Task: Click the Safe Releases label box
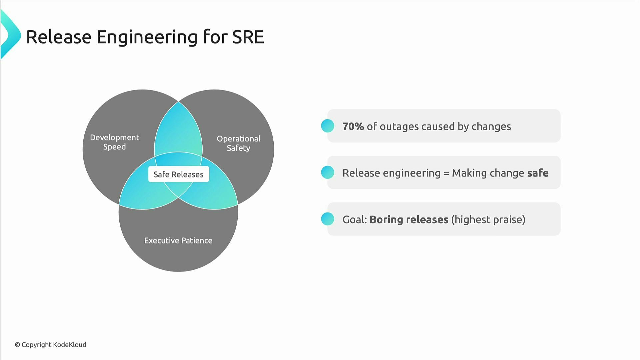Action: [178, 174]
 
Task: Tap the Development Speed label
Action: [114, 142]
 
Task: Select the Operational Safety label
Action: [238, 143]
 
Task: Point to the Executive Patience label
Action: [178, 240]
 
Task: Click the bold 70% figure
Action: [353, 126]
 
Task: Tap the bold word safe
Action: [538, 173]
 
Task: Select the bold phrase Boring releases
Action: [409, 220]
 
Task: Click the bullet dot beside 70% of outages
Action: [327, 126]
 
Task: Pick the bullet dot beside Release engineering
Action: [327, 173]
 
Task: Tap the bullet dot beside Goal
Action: [327, 219]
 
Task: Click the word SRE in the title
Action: [248, 37]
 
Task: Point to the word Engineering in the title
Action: [147, 37]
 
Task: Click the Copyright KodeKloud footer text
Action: [50, 345]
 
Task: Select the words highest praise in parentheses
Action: [488, 220]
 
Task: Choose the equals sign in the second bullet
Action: [446, 173]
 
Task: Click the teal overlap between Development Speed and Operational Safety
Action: [178, 130]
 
